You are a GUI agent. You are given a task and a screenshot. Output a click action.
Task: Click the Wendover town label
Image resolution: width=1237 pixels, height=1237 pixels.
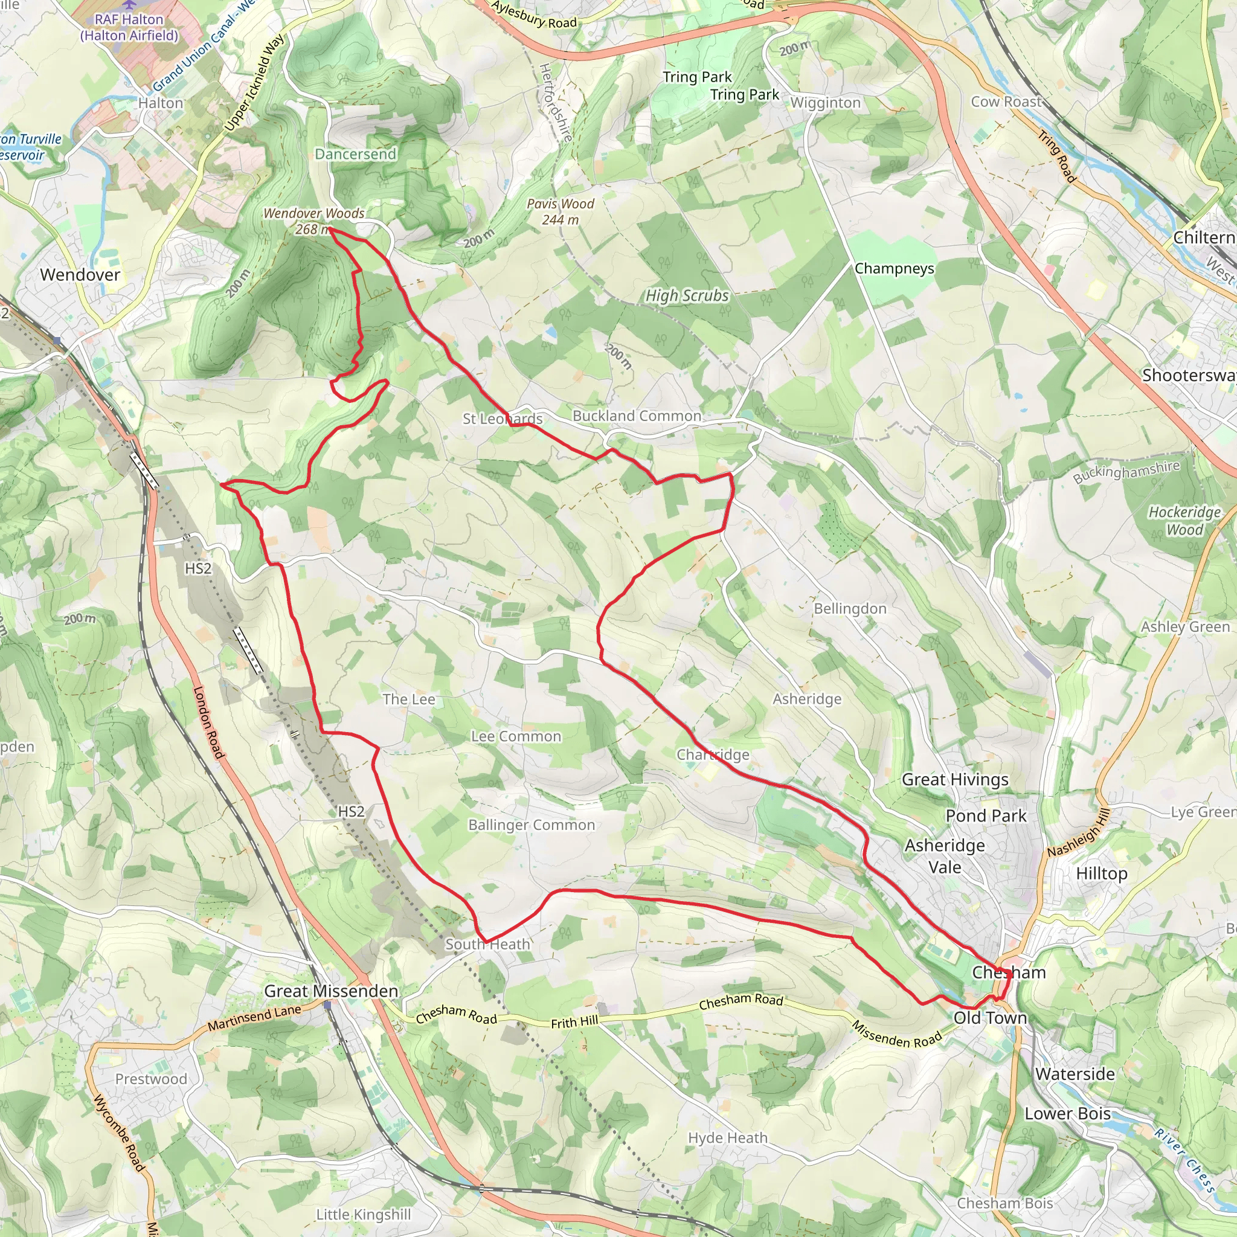[x=80, y=275]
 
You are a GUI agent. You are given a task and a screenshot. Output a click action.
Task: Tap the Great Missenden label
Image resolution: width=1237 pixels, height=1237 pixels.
[x=331, y=991]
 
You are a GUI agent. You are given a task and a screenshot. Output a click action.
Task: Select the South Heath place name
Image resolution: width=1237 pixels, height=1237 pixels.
[x=488, y=945]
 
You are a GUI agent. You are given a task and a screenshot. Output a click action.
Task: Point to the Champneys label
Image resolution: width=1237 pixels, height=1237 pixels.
[x=894, y=268]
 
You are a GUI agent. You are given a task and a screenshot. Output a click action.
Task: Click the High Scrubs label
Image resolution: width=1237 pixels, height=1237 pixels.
[x=687, y=295]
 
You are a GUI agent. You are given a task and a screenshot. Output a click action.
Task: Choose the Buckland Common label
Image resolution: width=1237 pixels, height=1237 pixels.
[x=637, y=416]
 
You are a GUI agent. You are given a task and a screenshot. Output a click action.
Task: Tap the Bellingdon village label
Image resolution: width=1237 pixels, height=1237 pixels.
[x=850, y=608]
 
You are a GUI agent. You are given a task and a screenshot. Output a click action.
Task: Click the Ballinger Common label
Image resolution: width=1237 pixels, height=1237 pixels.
[x=532, y=824]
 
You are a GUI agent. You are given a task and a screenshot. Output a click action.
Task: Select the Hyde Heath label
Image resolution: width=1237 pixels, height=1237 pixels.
[x=727, y=1138]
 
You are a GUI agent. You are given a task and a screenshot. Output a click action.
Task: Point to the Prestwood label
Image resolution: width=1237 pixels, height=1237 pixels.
[x=151, y=1079]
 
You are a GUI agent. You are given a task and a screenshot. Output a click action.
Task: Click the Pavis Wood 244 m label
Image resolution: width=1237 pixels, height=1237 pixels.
[x=561, y=211]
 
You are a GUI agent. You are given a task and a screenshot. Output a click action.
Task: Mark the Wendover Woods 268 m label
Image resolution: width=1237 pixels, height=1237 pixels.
[x=313, y=221]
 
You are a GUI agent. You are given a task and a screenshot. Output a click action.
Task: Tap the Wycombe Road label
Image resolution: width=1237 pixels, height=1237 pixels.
[x=120, y=1134]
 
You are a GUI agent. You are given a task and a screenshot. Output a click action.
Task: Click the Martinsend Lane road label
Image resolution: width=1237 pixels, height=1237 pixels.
[x=254, y=1018]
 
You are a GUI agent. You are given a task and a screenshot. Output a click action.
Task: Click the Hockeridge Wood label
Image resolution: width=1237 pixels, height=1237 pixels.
[x=1184, y=521]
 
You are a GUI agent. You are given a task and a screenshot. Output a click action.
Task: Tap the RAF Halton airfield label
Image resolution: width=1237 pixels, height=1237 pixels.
[x=129, y=28]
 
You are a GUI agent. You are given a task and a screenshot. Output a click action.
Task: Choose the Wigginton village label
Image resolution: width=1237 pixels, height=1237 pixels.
[x=825, y=103]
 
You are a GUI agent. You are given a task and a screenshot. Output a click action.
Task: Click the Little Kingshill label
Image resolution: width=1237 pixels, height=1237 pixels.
[x=363, y=1215]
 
